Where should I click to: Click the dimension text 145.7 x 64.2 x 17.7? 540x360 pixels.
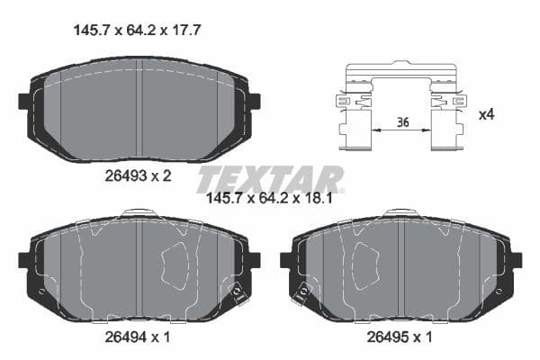tap(135, 30)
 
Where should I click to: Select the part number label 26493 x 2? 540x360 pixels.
tap(138, 175)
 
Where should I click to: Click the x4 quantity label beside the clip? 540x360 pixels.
tap(486, 115)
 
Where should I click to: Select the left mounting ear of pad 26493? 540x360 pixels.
tap(24, 100)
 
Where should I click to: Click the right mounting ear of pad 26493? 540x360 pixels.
tap(253, 100)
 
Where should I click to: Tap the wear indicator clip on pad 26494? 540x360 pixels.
tap(238, 292)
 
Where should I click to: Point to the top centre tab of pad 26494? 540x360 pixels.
tap(139, 213)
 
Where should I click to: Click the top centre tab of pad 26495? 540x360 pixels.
tap(400, 213)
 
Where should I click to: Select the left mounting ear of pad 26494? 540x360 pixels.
tap(24, 260)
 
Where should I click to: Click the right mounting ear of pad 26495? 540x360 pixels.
tap(516, 260)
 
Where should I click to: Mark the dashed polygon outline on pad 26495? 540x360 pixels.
tap(364, 261)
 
